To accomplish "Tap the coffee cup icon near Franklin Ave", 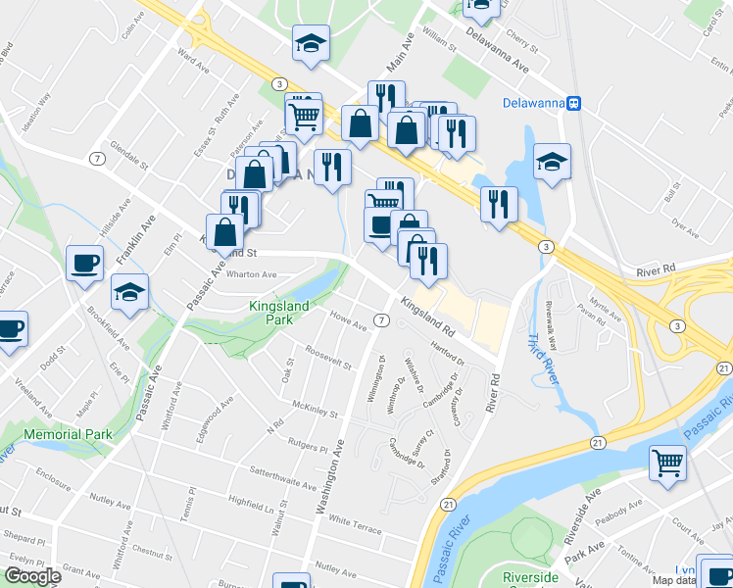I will (84, 262).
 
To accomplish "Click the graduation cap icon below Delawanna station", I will (552, 160).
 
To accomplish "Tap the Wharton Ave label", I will (252, 274).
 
